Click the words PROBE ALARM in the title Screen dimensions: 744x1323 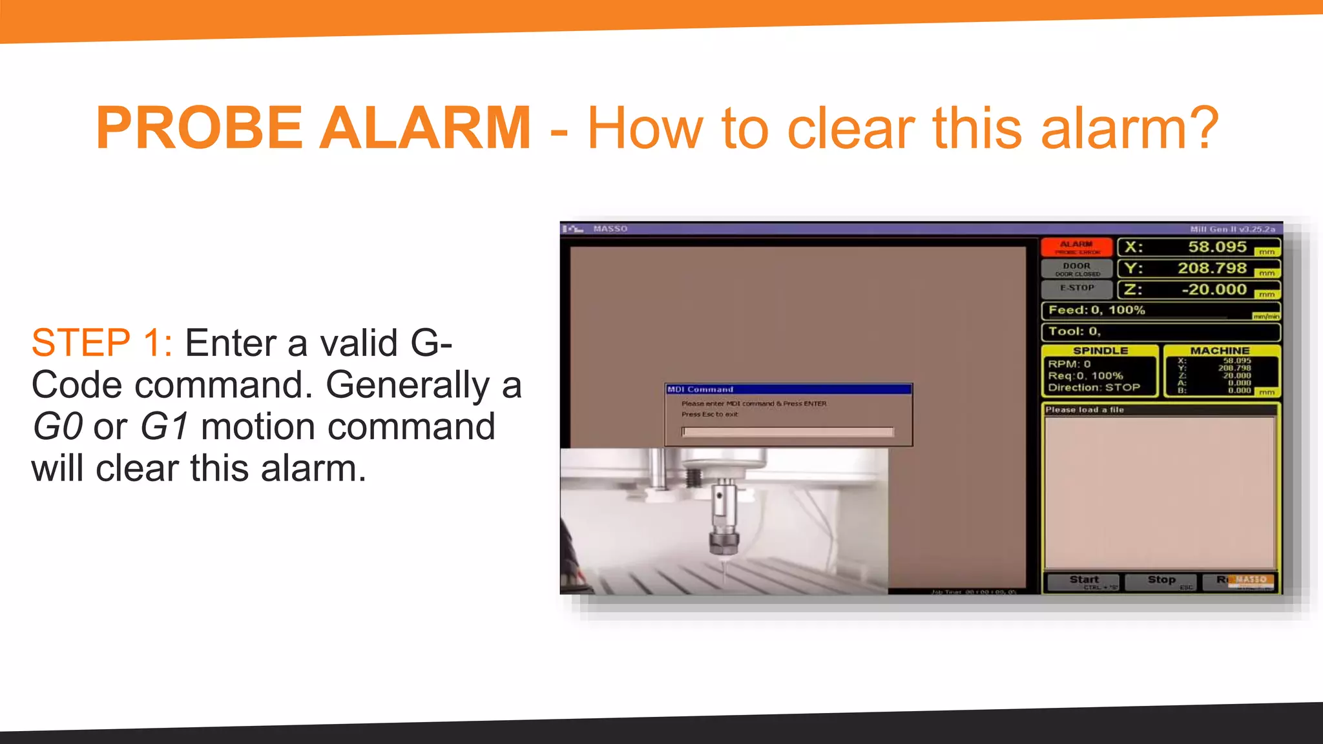314,128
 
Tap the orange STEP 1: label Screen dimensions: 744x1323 101,342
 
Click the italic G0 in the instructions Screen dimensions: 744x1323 57,427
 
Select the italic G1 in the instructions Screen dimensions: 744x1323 165,427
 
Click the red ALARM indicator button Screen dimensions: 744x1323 1076,247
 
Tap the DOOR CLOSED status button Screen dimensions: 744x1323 1076,269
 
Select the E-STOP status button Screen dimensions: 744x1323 1076,289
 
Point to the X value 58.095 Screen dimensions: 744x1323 1217,247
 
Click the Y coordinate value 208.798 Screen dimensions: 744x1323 1212,268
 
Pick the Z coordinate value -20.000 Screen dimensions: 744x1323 1214,289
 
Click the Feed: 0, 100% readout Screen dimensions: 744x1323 1096,310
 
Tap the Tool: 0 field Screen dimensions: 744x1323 1074,331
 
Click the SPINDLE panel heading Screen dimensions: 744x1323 1100,351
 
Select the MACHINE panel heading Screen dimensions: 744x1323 1220,351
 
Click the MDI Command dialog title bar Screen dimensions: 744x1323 788,389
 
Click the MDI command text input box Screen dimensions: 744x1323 788,431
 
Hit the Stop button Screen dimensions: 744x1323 1161,581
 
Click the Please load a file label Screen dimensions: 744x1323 1085,409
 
